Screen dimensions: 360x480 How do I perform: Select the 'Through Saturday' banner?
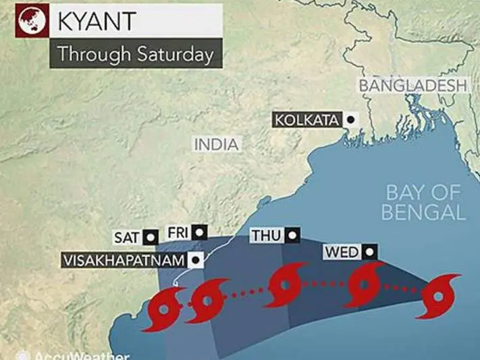pyautogui.click(x=135, y=53)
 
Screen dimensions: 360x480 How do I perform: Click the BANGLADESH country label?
pyautogui.click(x=412, y=86)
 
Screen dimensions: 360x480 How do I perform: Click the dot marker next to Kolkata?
pyautogui.click(x=350, y=120)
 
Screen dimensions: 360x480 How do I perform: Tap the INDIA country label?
pyautogui.click(x=216, y=145)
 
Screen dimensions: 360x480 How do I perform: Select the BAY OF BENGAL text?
pyautogui.click(x=424, y=202)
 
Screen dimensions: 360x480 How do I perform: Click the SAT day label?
pyautogui.click(x=127, y=238)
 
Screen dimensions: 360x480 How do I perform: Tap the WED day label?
pyautogui.click(x=342, y=253)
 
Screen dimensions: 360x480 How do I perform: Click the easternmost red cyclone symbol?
pyautogui.click(x=439, y=296)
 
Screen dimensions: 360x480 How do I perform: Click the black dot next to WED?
pyautogui.click(x=369, y=253)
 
